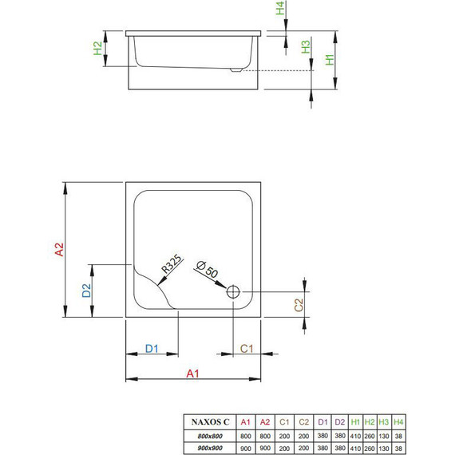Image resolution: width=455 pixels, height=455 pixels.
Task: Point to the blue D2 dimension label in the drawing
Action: [x=87, y=291]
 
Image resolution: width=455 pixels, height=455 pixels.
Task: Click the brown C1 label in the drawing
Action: [x=247, y=348]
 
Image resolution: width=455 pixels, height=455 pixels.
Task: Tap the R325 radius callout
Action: [x=170, y=266]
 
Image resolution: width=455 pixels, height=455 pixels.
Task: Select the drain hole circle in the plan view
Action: [x=235, y=292]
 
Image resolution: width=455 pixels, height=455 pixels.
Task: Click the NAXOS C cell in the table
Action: [x=209, y=421]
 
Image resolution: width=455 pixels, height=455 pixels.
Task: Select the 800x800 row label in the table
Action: [x=209, y=435]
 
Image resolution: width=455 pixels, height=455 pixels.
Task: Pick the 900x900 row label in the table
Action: [x=209, y=448]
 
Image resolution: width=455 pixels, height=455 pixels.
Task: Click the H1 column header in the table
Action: [x=354, y=421]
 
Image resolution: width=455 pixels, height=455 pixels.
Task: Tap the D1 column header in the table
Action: [x=321, y=421]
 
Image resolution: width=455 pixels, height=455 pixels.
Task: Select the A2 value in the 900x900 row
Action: [x=267, y=448]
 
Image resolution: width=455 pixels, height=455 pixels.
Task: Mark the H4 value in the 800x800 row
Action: [x=399, y=435]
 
